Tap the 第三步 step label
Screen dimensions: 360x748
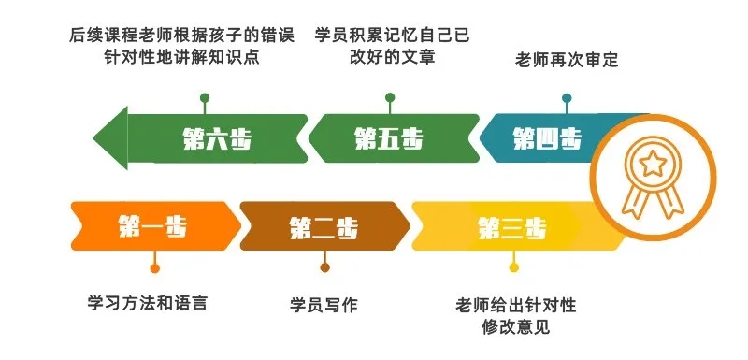tap(513, 227)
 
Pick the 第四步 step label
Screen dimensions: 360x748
tap(548, 139)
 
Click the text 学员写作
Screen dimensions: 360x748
tap(324, 304)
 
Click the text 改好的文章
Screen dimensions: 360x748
tap(392, 58)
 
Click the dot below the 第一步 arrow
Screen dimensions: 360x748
tap(154, 268)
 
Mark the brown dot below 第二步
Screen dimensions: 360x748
tap(324, 268)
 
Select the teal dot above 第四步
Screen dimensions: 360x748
tap(566, 97)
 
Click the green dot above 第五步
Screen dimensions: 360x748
tap(390, 97)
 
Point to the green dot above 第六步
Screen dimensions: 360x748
tap(203, 97)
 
